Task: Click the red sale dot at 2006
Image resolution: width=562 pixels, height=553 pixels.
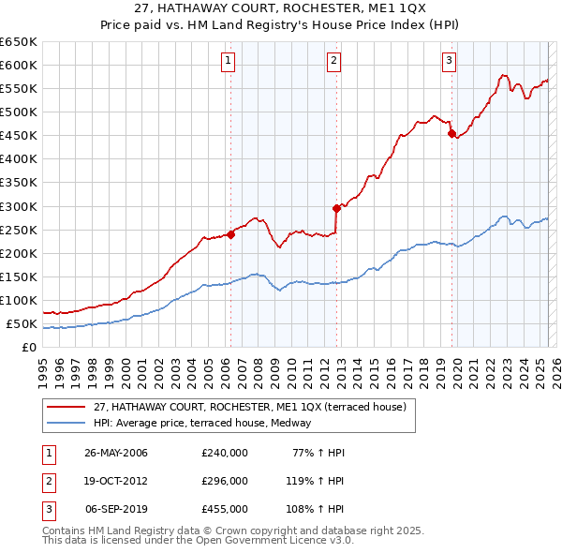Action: (230, 234)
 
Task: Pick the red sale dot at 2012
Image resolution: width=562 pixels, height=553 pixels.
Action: (336, 208)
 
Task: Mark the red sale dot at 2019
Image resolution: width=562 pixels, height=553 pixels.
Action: (451, 133)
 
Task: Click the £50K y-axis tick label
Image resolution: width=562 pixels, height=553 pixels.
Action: (22, 323)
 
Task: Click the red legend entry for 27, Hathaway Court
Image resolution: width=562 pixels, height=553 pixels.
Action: (249, 407)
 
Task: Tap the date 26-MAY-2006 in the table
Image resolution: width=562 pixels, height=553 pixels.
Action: (116, 453)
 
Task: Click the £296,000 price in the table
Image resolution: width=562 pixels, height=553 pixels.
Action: (225, 481)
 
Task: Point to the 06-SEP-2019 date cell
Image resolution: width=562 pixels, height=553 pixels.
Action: (116, 509)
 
